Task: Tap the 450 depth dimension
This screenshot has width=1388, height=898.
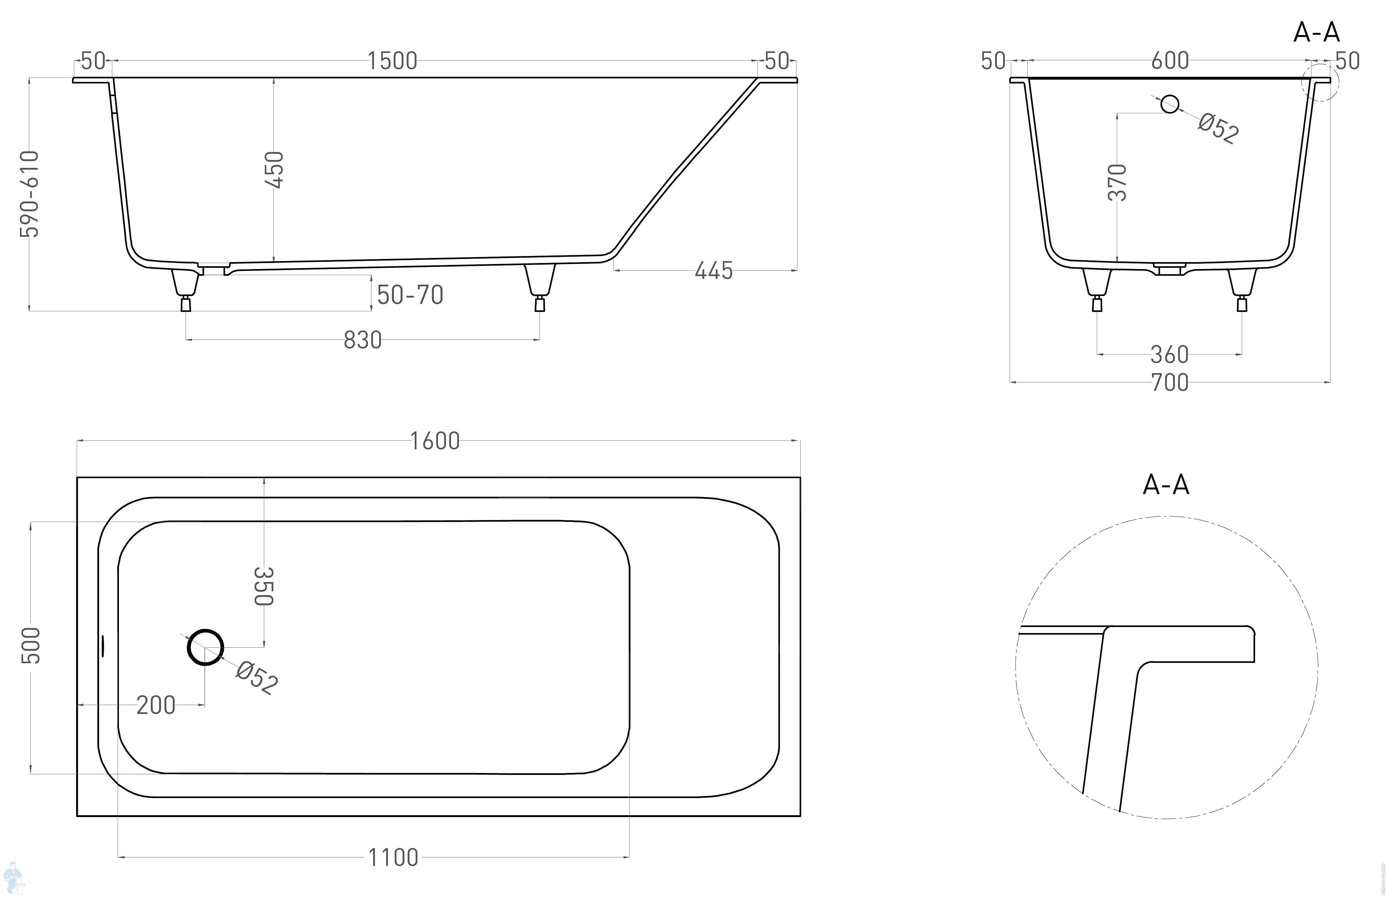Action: click(274, 170)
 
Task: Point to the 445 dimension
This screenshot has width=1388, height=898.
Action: click(713, 271)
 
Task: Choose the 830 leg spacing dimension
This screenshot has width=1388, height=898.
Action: click(363, 340)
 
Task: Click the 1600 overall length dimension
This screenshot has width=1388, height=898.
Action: click(435, 441)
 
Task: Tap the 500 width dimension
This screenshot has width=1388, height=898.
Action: click(31, 645)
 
